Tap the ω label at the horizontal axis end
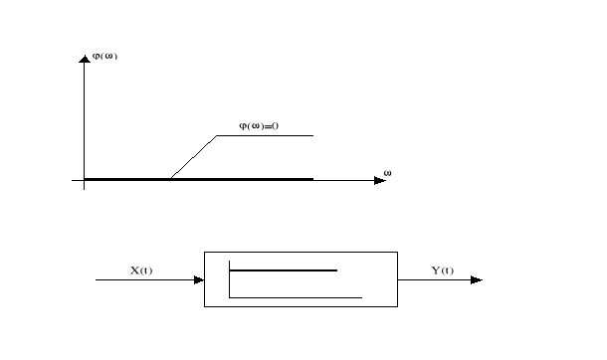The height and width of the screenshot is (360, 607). tap(387, 173)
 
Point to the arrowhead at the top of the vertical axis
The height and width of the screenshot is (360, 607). tap(85, 60)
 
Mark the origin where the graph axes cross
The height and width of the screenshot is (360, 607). tap(85, 180)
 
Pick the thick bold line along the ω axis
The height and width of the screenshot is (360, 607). tap(199, 179)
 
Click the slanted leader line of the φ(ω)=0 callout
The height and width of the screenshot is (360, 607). tap(194, 157)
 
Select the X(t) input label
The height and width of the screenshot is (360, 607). tap(142, 270)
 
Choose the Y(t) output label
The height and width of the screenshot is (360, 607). tap(442, 270)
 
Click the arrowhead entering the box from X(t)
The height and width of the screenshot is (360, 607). tap(198, 279)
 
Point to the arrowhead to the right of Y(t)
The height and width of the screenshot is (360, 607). tap(477, 279)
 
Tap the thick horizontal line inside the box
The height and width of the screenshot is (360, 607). tap(284, 270)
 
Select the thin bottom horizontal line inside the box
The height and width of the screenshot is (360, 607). tap(296, 296)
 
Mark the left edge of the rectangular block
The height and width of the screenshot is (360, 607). tap(204, 279)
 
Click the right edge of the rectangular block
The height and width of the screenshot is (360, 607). tap(396, 279)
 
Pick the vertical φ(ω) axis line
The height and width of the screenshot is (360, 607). tap(85, 119)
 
